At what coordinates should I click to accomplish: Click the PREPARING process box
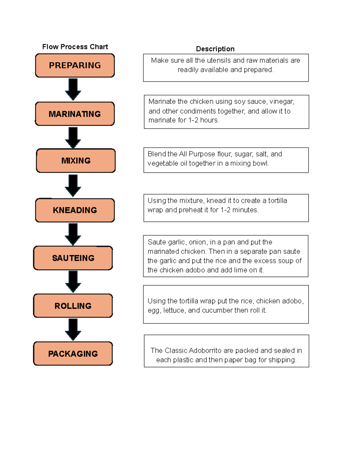coord(75,65)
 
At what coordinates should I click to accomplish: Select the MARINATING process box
coord(75,114)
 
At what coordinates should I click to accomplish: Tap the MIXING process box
coord(76,161)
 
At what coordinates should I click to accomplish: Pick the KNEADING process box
coord(75,210)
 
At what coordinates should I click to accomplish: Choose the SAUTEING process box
coord(73,258)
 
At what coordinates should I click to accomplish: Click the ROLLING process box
coord(73,306)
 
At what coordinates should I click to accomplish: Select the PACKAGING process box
coord(73,354)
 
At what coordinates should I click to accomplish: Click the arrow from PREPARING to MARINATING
coord(73,89)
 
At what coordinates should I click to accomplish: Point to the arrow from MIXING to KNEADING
coord(73,185)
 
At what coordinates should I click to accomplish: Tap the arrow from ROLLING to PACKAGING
coord(73,329)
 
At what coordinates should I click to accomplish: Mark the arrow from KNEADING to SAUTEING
coord(73,234)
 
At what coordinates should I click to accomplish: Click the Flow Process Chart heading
coord(75,47)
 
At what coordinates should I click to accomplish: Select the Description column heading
coord(215,49)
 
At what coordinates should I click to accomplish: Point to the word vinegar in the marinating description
coord(282,102)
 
